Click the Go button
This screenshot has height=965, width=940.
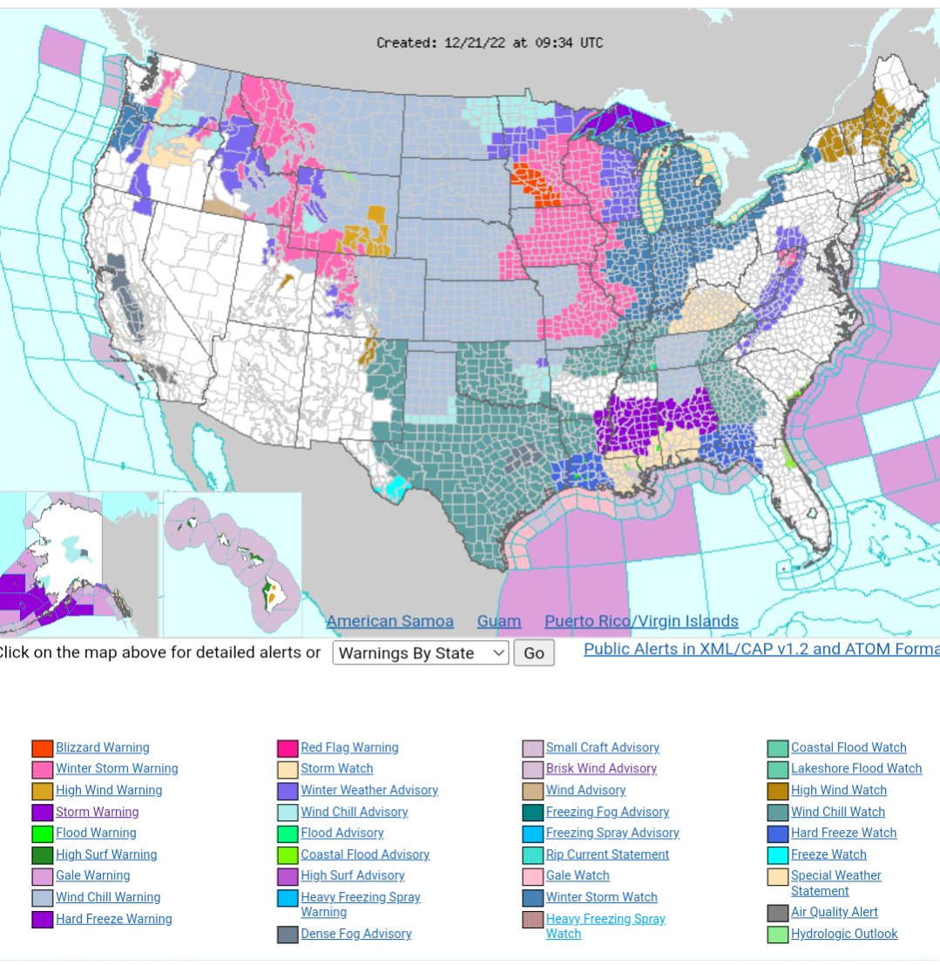click(x=533, y=653)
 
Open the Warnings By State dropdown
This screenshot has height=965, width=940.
click(x=420, y=653)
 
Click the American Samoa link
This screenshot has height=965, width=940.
click(x=389, y=621)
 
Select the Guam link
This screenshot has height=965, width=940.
click(x=499, y=621)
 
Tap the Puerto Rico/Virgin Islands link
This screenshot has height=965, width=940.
click(x=641, y=621)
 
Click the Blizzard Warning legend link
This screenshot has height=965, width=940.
click(x=103, y=747)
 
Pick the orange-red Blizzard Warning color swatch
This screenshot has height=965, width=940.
click(x=43, y=748)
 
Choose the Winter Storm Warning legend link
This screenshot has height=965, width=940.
click(x=117, y=768)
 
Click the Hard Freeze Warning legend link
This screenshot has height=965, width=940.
click(x=114, y=919)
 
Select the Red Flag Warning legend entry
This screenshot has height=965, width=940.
click(x=349, y=747)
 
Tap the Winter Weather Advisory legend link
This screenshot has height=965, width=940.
click(x=369, y=790)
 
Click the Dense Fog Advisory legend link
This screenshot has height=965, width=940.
click(x=356, y=934)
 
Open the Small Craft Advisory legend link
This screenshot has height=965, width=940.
click(x=603, y=747)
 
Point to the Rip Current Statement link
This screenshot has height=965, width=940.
click(x=607, y=854)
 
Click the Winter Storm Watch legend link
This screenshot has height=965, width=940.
click(x=602, y=897)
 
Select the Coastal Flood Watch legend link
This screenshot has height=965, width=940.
click(x=849, y=747)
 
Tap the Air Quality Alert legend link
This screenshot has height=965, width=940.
click(x=835, y=912)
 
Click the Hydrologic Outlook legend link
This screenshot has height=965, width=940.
click(x=844, y=934)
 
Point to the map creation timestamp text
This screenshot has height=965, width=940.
click(x=490, y=43)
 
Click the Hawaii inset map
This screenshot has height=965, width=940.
click(x=233, y=564)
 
